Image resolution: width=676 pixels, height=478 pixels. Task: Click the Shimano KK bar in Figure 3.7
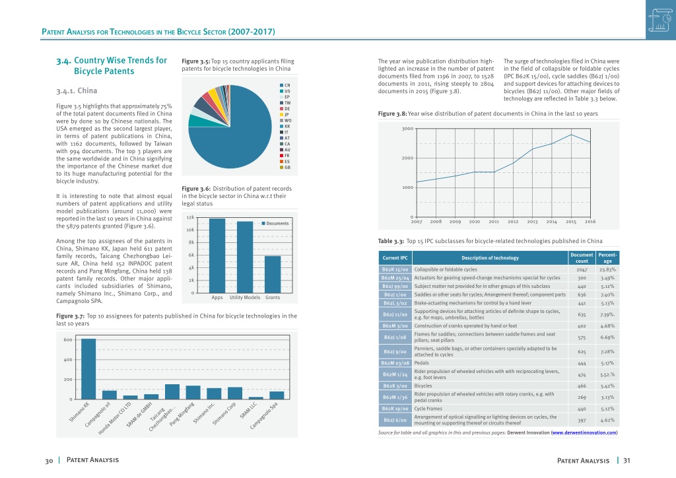coord(88,369)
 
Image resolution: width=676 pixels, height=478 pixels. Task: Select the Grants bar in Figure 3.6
coord(273,275)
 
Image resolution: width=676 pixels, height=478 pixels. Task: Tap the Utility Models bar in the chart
coord(245,257)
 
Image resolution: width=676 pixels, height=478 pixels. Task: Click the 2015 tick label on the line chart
coord(571,222)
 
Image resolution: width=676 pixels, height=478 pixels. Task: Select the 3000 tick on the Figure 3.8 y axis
coord(407,129)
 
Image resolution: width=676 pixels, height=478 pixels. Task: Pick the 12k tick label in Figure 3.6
coord(190,218)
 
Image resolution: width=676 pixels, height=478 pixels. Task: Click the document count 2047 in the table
coord(582,269)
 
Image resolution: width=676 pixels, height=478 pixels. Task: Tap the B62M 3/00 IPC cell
coord(395,326)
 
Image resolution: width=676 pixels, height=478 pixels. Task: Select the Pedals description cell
coord(490,363)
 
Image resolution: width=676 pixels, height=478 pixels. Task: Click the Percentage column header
coord(607,257)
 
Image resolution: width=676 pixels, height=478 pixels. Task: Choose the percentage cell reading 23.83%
coord(607,269)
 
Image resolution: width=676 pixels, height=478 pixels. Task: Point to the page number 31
coord(626,460)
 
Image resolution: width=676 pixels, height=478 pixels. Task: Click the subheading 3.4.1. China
coord(77,90)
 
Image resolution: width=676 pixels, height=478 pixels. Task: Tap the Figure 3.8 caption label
coord(392,114)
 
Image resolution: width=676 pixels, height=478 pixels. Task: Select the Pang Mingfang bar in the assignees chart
coord(193,392)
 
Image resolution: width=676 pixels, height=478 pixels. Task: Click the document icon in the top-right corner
coord(660,20)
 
